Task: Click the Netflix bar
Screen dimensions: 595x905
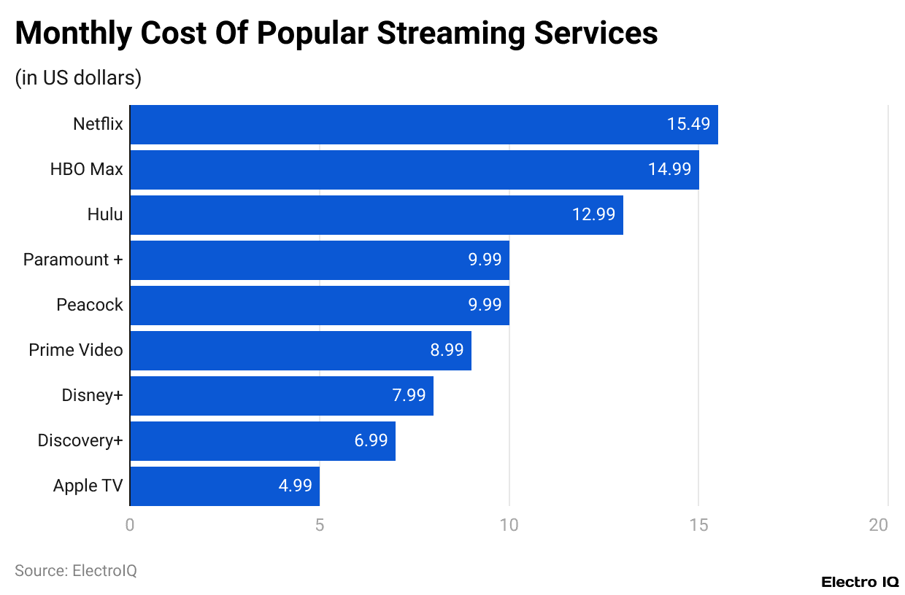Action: [x=423, y=124]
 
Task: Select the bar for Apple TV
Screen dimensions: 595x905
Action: [x=225, y=486]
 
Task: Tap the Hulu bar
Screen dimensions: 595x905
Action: [x=376, y=214]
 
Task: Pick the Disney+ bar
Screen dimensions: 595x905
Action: [x=281, y=395]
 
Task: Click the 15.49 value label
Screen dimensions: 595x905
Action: [x=688, y=124]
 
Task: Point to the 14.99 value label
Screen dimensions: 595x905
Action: [x=669, y=169]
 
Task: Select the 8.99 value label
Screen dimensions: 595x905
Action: [x=447, y=350]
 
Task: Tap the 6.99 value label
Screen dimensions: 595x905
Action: [x=371, y=440]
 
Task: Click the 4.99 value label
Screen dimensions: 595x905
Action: [x=295, y=486]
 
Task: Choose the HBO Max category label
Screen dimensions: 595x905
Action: [x=86, y=169]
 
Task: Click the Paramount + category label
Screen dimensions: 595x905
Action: [x=73, y=260]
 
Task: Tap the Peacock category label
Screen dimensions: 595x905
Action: [x=90, y=305]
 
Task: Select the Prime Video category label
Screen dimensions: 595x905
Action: [x=76, y=350]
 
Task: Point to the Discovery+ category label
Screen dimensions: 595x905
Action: [x=80, y=440]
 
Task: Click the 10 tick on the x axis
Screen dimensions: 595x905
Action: [x=509, y=525]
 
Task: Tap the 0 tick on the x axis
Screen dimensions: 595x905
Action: [x=130, y=525]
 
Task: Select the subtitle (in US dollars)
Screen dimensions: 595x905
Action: [x=78, y=77]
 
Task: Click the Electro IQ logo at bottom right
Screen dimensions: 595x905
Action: [x=860, y=582]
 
